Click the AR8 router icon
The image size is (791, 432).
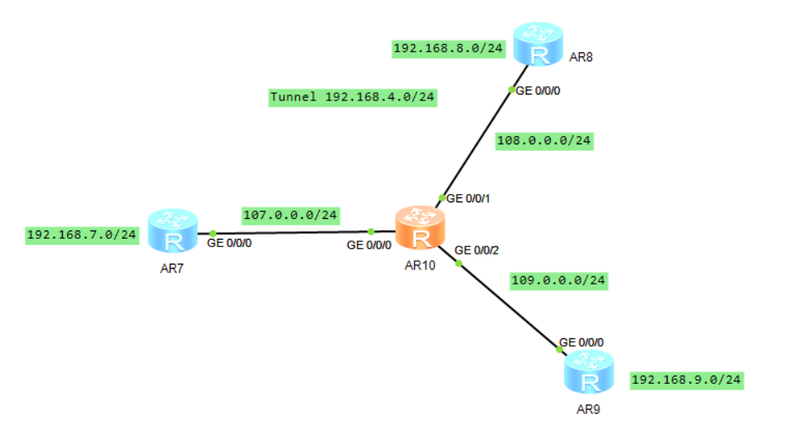click(x=538, y=45)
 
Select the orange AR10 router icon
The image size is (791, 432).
click(x=420, y=229)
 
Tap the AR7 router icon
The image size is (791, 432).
click(x=173, y=231)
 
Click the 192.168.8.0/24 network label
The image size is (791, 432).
click(x=448, y=49)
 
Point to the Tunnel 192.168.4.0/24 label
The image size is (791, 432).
click(x=352, y=97)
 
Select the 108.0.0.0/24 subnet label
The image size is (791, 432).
click(x=543, y=141)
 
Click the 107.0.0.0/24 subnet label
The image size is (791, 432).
click(x=290, y=215)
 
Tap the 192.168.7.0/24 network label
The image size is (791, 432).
click(x=81, y=235)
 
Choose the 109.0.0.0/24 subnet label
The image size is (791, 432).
click(x=559, y=280)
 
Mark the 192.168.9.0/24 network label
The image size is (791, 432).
click(x=686, y=381)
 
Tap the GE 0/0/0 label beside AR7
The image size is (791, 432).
click(x=229, y=245)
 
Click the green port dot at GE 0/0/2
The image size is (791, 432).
click(x=458, y=265)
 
